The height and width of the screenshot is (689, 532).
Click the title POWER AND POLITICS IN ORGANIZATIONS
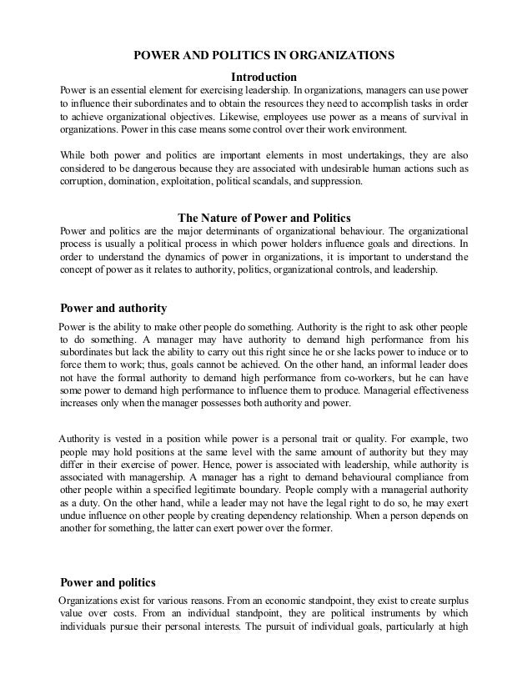(264, 56)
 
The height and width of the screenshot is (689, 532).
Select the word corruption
(83, 181)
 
